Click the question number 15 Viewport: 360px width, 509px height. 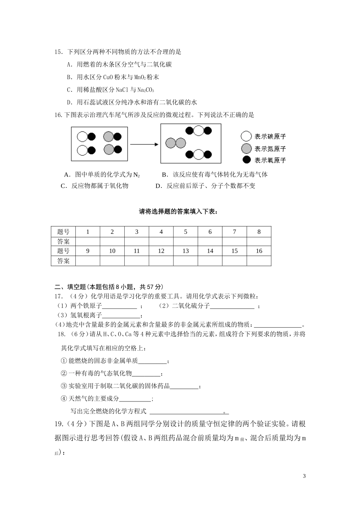[58, 52]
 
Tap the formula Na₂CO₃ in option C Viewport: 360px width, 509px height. [146, 90]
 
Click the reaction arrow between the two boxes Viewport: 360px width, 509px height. [144, 144]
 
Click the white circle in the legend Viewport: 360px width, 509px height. [246, 136]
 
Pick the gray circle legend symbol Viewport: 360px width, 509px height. [246, 148]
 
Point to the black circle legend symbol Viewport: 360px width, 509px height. [246, 159]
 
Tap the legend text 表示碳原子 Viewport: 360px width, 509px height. [270, 137]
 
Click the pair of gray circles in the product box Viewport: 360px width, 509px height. [175, 143]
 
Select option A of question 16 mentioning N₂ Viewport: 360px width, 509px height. [102, 175]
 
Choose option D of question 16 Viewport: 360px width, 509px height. [205, 186]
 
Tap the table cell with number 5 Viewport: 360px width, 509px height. [185, 232]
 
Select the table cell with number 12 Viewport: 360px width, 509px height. [161, 251]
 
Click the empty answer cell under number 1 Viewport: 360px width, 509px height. [88, 241]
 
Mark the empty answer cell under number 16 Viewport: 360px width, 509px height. [259, 261]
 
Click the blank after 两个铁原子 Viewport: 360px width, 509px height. [119, 306]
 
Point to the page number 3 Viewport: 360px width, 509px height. [304, 476]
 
